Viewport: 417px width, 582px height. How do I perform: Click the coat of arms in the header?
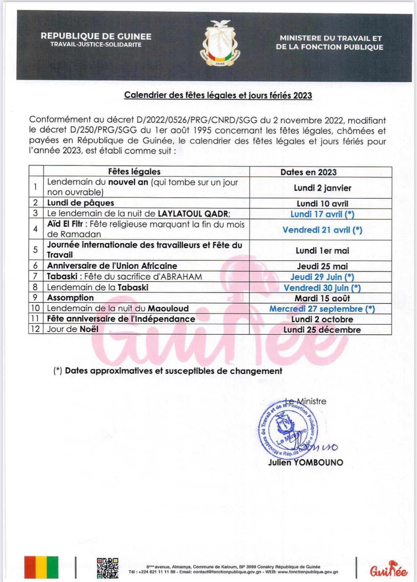[221, 43]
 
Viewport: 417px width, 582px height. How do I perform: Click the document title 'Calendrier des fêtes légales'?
[218, 95]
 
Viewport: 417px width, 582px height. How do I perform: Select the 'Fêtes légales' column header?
[134, 172]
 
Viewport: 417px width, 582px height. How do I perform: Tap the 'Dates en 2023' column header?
[308, 172]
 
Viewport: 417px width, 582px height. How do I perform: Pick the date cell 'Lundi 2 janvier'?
[322, 188]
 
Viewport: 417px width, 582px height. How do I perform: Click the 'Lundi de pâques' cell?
[81, 203]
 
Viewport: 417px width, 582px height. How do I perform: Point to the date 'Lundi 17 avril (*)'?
[322, 214]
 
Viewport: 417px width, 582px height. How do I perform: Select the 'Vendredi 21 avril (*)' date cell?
[322, 230]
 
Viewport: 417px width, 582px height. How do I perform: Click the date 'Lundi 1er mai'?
[322, 251]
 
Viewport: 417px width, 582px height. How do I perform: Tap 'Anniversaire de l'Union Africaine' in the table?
[112, 266]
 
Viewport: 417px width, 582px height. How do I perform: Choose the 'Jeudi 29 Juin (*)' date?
[322, 277]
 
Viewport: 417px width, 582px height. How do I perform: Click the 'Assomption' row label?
[71, 298]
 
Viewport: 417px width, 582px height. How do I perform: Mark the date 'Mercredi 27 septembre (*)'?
[322, 309]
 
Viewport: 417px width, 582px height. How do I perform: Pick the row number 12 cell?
[35, 329]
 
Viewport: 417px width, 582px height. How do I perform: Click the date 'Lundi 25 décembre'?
[322, 330]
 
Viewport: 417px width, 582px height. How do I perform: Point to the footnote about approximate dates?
[168, 371]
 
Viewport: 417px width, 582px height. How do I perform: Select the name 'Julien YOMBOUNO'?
[306, 462]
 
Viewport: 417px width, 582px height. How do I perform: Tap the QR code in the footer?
[107, 568]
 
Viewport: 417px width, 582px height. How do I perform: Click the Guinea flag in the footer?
[41, 567]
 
